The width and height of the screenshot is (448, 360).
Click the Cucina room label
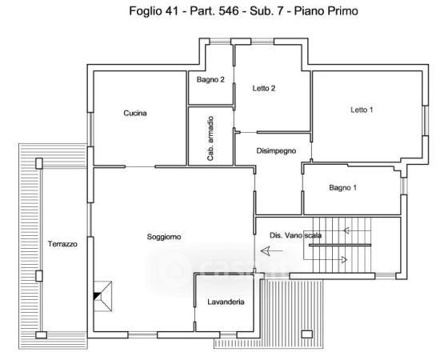pyautogui.click(x=135, y=113)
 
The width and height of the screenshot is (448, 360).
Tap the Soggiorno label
pyautogui.click(x=164, y=237)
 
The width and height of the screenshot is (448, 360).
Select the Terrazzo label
pyautogui.click(x=62, y=244)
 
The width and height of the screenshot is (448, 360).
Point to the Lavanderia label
pyautogui.click(x=226, y=302)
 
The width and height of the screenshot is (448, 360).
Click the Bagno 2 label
pyautogui.click(x=210, y=80)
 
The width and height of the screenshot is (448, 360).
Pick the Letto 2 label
pyautogui.click(x=264, y=88)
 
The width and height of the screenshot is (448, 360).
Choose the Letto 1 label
pyautogui.click(x=362, y=110)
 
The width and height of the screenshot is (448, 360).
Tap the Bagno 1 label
pyautogui.click(x=343, y=188)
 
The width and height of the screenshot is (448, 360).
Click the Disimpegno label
pyautogui.click(x=276, y=151)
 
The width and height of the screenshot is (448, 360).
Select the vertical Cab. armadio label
pyautogui.click(x=210, y=138)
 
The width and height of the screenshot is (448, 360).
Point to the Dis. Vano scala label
pyautogui.click(x=296, y=235)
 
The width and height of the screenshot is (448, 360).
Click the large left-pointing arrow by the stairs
pyautogui.click(x=271, y=251)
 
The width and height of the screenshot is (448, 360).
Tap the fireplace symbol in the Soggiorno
pyautogui.click(x=103, y=296)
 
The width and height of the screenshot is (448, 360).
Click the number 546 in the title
pyautogui.click(x=229, y=11)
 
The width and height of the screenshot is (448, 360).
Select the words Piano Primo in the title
pyautogui.click(x=326, y=11)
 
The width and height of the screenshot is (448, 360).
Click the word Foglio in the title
pyautogui.click(x=145, y=11)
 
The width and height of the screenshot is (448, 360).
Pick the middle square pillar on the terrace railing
pyautogui.click(x=39, y=276)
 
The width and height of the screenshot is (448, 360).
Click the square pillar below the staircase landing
pyautogui.click(x=307, y=334)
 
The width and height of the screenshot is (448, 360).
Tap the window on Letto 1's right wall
pyautogui.click(x=426, y=121)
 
